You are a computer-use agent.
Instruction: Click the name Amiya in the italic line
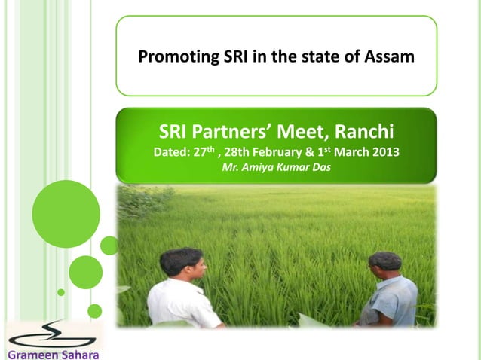259,166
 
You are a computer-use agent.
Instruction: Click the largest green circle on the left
66,214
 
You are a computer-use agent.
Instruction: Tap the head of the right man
385,267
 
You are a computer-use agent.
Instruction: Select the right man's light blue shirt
392,301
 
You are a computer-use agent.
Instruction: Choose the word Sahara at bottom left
78,353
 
